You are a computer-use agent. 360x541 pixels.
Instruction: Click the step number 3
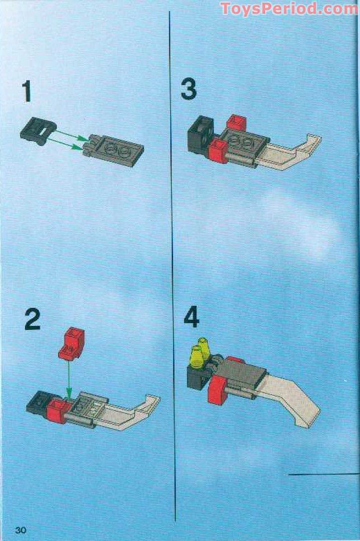pyautogui.click(x=188, y=89)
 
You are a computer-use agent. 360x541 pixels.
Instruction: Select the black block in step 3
pyautogui.click(x=201, y=134)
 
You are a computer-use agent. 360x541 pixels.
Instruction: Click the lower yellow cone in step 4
pyautogui.click(x=196, y=357)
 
